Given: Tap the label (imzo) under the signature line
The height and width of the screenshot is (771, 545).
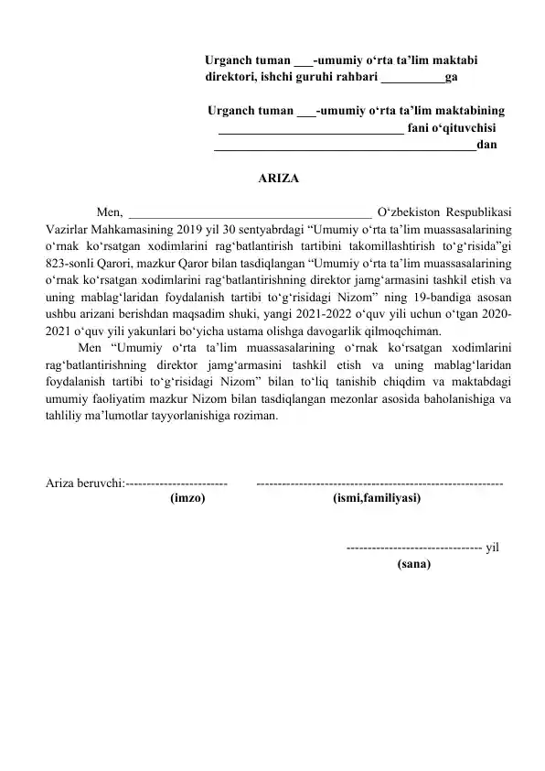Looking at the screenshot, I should click(187, 498).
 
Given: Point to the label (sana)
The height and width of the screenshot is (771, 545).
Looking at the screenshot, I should click(414, 564).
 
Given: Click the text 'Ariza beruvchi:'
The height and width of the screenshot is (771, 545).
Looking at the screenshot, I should click(84, 483).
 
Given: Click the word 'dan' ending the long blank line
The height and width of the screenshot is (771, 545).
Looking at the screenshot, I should click(488, 144).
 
